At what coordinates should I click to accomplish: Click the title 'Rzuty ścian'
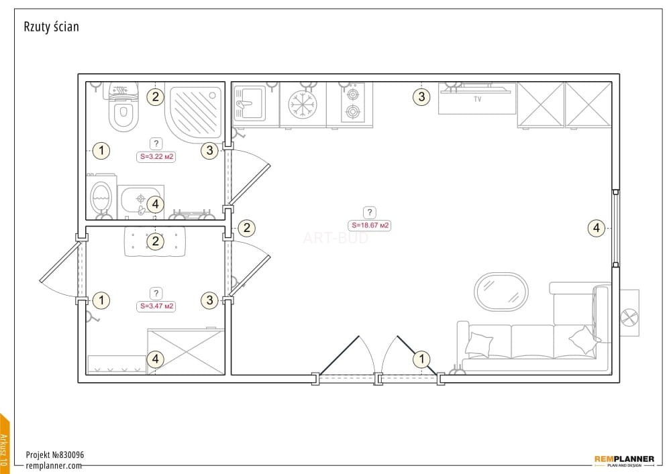coord(52,27)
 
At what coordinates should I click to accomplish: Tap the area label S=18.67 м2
coord(370,225)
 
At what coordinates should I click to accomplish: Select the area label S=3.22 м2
coord(156,156)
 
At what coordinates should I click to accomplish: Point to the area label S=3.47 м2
coord(156,306)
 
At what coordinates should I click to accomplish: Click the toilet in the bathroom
coord(123,107)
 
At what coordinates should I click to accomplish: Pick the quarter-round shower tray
coord(195,113)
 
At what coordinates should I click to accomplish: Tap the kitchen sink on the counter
coord(249,103)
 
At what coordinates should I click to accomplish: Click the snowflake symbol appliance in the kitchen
coord(303,105)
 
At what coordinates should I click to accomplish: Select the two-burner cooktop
coord(353,103)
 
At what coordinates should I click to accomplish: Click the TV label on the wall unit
coord(478,99)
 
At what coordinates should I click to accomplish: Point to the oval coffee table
coord(501,292)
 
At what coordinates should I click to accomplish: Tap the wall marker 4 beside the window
coord(597,228)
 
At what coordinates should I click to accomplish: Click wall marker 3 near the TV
coord(421,97)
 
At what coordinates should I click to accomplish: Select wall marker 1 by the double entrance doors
coord(422,359)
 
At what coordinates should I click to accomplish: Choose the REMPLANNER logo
coord(624,461)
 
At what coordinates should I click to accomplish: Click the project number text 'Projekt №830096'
coord(55,455)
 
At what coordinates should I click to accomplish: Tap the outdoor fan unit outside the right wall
coord(629,313)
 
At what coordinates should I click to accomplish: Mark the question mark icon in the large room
coord(370,212)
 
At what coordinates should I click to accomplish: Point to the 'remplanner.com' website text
coord(54,465)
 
